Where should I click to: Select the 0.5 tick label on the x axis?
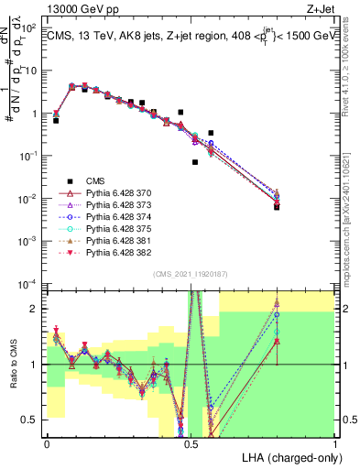(x=191, y=443)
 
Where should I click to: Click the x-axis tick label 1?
(x=335, y=443)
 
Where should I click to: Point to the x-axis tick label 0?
(x=47, y=443)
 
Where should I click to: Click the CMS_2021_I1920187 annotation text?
(x=190, y=274)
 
